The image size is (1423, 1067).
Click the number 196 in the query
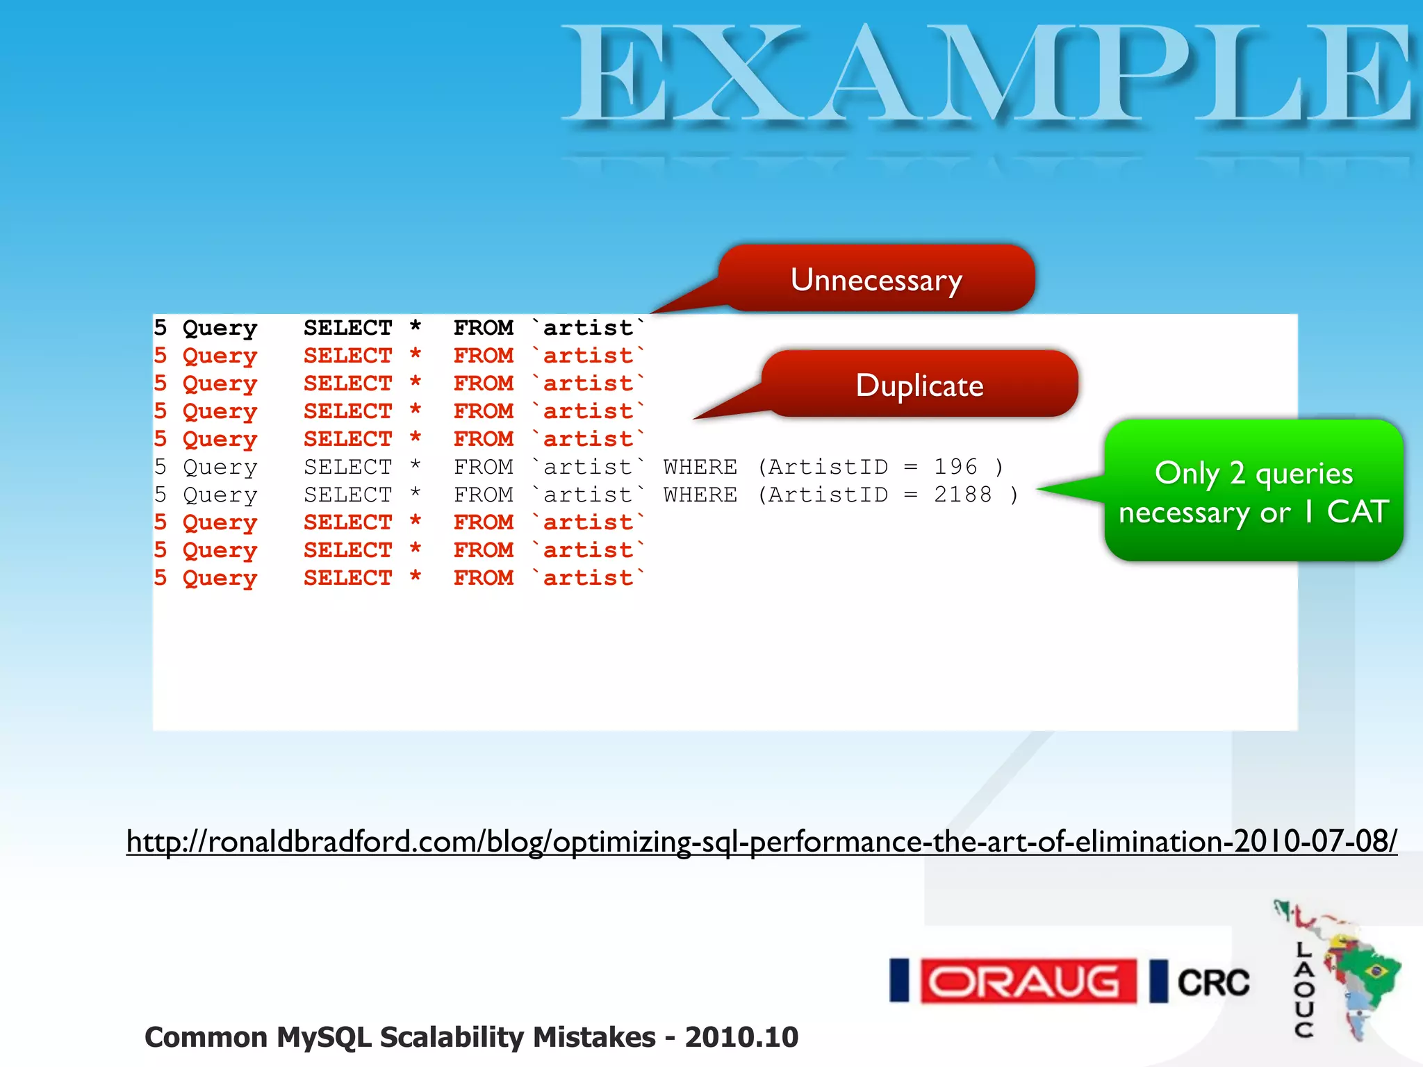955,467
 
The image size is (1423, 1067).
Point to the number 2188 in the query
962,495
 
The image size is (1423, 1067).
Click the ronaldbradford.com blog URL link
761,842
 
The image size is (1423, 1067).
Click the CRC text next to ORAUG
1212,983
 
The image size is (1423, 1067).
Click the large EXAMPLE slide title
987,75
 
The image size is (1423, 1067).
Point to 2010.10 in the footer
741,1037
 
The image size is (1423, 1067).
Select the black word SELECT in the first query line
347,328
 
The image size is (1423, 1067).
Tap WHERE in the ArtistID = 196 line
700,467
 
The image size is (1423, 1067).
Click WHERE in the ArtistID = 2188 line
700,495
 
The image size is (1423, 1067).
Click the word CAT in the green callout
1357,512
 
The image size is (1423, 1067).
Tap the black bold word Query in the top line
220,328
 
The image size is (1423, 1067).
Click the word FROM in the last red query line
483,578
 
